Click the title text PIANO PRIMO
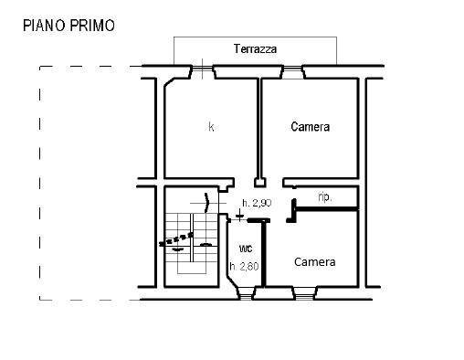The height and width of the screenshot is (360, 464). coord(69,26)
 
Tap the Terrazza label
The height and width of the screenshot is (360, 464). coord(255,49)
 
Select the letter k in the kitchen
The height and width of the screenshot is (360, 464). coord(211,127)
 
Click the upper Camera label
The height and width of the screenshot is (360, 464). coord(310,127)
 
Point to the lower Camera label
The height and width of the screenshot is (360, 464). coord(314,262)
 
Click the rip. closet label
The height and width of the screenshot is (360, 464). coord(323,196)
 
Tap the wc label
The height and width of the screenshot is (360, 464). coord(246,249)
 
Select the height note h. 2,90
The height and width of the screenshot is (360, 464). coord(256,203)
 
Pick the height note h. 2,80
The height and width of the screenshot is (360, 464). coord(244,267)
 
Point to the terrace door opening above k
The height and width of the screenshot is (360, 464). coord(200,69)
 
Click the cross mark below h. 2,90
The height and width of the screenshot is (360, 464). coord(240,217)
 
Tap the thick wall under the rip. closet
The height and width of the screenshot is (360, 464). coord(324,209)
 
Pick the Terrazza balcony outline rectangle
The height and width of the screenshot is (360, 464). coord(255,52)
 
